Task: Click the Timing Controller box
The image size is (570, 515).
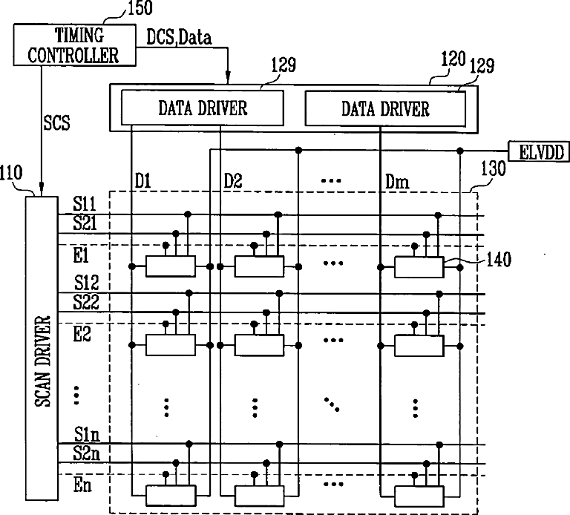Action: pos(74,45)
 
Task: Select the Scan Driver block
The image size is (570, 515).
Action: pos(42,348)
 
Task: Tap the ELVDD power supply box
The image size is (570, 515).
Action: pos(539,151)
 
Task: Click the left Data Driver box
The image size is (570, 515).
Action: pos(202,108)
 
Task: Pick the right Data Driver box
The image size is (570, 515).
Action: pos(385,108)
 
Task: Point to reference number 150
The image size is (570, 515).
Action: pos(140,8)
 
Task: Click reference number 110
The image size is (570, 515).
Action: pos(11,173)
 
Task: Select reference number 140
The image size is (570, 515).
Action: pos(499,260)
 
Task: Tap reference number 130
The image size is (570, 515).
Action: pos(494,168)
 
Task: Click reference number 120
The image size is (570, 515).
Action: pos(453,59)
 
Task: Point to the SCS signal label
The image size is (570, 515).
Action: pos(56,123)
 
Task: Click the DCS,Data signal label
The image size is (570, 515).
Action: pos(179,37)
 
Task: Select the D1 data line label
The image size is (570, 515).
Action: pos(142,181)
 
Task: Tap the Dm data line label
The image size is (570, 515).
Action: pos(397,181)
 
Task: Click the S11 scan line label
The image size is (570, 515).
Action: pos(85,203)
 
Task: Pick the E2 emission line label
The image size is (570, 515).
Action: pos(82,334)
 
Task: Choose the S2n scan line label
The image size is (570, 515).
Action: pos(86,453)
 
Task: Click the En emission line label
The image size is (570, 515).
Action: pos(82,485)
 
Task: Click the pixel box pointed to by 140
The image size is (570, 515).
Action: pos(419,267)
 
